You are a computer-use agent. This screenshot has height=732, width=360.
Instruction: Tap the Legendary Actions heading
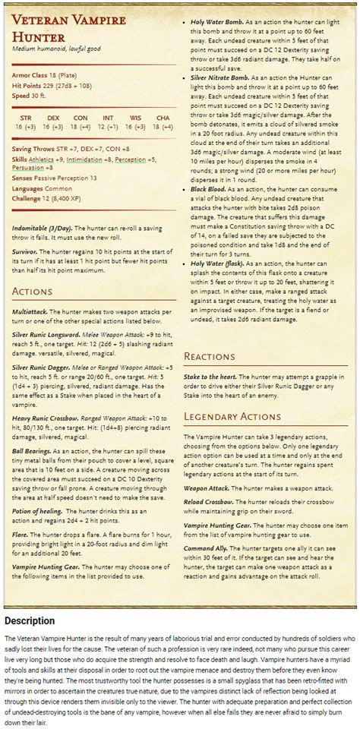coord(232,416)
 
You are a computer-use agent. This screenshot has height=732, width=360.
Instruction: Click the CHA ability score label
coord(163,118)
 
